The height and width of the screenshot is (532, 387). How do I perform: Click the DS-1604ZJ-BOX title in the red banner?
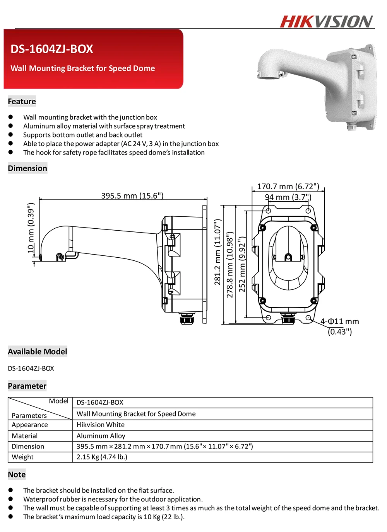52,49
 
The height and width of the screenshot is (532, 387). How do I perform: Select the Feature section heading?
22,102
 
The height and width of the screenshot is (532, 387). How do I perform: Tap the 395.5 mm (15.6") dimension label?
132,195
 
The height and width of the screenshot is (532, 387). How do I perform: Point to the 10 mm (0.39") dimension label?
31,228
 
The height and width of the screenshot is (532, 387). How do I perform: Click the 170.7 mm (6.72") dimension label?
288,187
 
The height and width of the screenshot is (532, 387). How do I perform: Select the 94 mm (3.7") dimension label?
288,197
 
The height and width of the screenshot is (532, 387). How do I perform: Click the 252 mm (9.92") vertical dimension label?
242,265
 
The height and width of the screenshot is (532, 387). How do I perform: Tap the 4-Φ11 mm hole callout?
339,321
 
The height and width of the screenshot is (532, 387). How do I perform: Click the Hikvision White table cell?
101,425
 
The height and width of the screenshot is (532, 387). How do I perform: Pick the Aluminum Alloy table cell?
101,436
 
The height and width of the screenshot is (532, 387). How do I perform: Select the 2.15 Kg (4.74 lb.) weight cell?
102,457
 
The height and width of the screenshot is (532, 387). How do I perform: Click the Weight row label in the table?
23,457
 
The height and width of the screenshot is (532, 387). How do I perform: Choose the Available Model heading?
38,352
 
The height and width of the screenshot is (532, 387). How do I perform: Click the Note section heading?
17,474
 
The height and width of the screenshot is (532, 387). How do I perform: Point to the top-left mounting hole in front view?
268,211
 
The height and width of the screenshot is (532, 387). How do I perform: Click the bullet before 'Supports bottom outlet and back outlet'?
11,134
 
